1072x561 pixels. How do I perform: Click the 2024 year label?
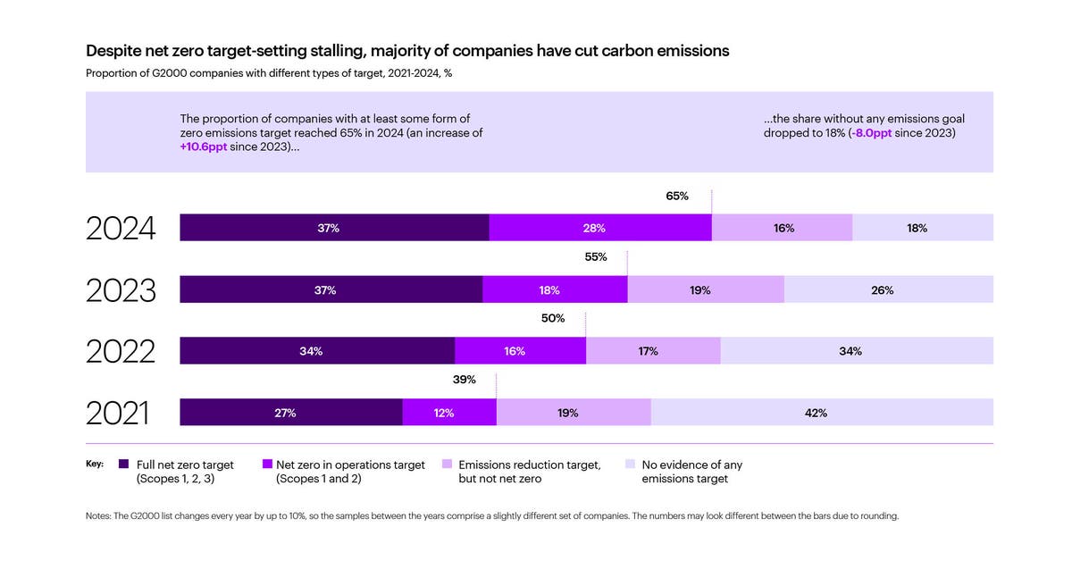pyautogui.click(x=121, y=229)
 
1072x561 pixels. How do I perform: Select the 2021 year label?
pyautogui.click(x=117, y=413)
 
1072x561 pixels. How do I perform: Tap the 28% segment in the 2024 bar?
pyautogui.click(x=600, y=228)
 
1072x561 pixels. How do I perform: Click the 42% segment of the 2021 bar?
pyautogui.click(x=822, y=413)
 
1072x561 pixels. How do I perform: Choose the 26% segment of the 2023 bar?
pyautogui.click(x=889, y=290)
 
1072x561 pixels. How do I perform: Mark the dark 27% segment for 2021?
pyautogui.click(x=291, y=413)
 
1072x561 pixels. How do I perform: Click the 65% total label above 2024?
pyautogui.click(x=677, y=196)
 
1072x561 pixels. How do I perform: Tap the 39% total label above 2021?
pyautogui.click(x=465, y=380)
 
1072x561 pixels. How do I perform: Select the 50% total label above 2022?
pyautogui.click(x=553, y=318)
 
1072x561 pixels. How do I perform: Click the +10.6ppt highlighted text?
pyautogui.click(x=207, y=147)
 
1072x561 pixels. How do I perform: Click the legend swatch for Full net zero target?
pyautogui.click(x=124, y=465)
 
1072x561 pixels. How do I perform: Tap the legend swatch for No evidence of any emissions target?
pyautogui.click(x=630, y=465)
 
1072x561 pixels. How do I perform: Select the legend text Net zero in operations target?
pyautogui.click(x=350, y=465)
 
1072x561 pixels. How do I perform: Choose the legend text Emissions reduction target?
pyautogui.click(x=529, y=465)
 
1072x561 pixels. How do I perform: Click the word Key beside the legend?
pyautogui.click(x=95, y=465)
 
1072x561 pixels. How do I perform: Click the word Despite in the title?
pyautogui.click(x=113, y=51)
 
